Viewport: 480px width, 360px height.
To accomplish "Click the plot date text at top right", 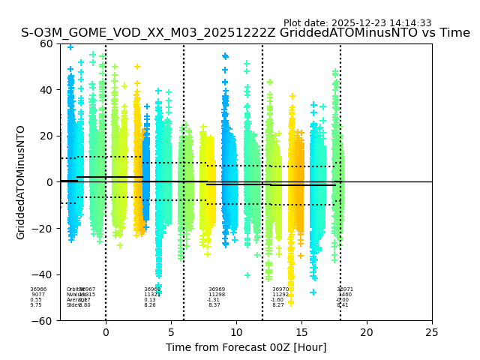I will pos(357,23).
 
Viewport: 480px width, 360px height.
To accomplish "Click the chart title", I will pos(245,33).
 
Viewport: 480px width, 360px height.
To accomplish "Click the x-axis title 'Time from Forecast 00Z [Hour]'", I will pos(246,347).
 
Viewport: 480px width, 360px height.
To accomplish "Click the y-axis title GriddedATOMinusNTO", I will pos(21,182).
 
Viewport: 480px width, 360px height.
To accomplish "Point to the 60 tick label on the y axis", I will pos(47,43).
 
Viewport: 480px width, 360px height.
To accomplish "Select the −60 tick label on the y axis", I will pos(44,320).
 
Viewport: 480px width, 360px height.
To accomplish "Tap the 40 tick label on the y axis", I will pos(47,90).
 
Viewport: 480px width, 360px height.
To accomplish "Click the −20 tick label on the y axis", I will pos(44,228).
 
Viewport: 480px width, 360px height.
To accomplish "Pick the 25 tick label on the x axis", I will pos(432,332).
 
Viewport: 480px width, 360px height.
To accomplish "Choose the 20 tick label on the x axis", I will pos(367,332).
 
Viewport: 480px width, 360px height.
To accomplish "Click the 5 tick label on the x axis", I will pos(171,332).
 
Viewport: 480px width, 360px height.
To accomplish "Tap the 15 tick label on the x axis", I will pos(301,332).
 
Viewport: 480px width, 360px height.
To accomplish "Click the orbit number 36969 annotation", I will pos(217,289).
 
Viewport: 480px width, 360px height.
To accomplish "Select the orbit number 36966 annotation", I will pos(38,289).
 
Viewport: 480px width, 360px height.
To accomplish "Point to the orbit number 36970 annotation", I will pos(280,289).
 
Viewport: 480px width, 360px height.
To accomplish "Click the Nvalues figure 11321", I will pos(152,295).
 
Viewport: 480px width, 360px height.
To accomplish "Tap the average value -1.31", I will pos(214,300).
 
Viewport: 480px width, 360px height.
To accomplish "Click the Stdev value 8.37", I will pos(214,305).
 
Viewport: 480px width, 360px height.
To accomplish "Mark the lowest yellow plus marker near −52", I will pos(291,303).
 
